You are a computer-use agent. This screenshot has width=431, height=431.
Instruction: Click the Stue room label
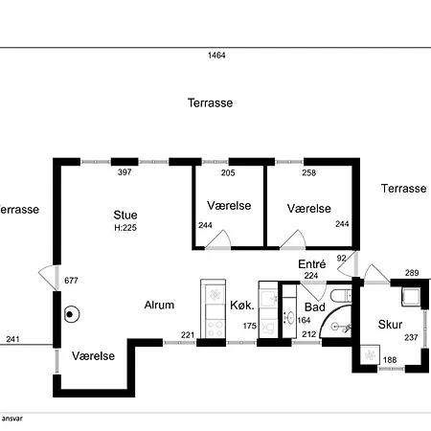pos(125,215)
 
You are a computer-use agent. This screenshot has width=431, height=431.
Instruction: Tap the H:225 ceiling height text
pos(125,228)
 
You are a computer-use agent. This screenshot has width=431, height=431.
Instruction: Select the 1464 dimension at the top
pos(216,56)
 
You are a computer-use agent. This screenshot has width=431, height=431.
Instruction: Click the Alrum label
pos(159,305)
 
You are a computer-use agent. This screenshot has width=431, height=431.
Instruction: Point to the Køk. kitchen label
pos(242,306)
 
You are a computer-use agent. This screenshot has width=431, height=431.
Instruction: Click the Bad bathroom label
pos(315,307)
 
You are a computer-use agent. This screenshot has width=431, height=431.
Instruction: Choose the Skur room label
pos(390,325)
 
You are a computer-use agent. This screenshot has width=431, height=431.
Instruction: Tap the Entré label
pos(312,264)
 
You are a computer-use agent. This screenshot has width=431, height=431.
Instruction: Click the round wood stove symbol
pos(72,314)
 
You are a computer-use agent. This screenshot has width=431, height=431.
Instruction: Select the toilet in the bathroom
pos(341,296)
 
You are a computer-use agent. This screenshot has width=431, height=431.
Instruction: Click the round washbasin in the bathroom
pos(290,318)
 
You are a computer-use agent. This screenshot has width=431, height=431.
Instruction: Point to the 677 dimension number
pos(71,281)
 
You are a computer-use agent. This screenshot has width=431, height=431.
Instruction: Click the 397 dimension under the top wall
pos(125,172)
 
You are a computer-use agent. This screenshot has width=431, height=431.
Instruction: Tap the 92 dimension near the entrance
pos(341,258)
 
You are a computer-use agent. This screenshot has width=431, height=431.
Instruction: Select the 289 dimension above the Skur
pos(412,273)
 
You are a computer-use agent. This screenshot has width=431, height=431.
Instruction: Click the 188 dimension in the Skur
pos(390,360)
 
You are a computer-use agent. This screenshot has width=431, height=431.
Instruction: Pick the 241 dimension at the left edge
pos(12,339)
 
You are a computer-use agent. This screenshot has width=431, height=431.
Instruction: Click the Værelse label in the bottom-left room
pos(93,356)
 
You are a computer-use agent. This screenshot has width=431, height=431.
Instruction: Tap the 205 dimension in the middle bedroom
pos(228,172)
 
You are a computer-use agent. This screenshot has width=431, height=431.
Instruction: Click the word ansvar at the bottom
pos(12,419)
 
